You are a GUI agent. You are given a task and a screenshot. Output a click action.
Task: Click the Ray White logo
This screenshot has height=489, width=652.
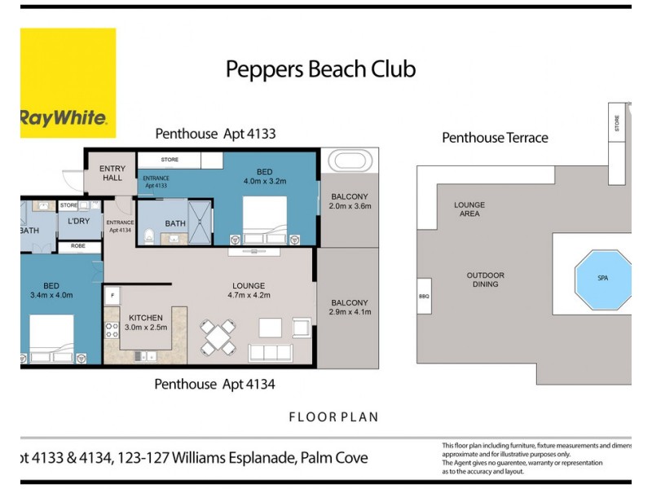tap(68, 83)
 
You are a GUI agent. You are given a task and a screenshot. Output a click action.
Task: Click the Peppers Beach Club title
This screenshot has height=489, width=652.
tap(320, 69)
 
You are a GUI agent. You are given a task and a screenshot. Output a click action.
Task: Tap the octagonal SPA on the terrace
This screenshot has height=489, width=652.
tap(603, 278)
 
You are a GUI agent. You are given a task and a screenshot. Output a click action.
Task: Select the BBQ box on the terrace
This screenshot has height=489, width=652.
tap(423, 297)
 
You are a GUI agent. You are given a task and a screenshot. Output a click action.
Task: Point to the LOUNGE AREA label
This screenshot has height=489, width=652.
tap(469, 209)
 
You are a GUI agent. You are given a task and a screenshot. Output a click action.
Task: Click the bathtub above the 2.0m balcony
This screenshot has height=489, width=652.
tap(350, 159)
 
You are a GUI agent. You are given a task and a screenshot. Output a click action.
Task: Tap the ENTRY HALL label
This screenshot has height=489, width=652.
tap(112, 174)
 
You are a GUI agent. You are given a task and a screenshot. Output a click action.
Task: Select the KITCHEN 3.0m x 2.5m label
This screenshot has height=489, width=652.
tap(147, 322)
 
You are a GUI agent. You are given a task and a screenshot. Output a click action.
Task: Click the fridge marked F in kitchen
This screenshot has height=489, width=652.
tap(111, 293)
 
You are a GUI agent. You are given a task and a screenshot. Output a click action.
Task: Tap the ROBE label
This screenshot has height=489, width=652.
tap(78, 245)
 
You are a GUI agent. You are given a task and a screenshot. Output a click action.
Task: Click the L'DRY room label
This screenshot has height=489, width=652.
tap(79, 222)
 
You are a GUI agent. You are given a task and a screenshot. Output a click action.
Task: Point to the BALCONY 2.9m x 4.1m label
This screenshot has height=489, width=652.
tap(350, 307)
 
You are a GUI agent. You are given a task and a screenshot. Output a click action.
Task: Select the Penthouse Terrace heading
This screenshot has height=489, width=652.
tap(495, 138)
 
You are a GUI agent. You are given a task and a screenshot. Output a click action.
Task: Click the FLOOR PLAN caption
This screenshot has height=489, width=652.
tap(333, 417)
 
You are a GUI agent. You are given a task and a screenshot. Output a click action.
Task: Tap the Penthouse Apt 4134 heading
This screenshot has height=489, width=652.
tap(220, 383)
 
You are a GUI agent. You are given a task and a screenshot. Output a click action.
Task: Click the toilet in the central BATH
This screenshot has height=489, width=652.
tap(148, 237)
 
